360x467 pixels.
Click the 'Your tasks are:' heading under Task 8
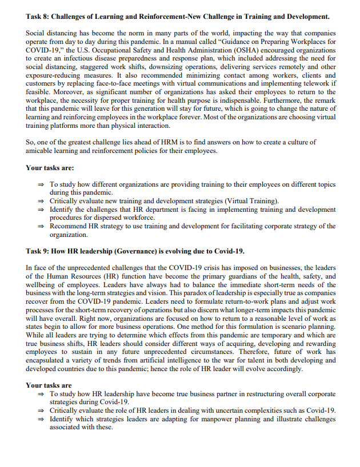(x=50, y=168)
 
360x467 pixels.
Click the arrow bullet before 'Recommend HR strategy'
(x=41, y=226)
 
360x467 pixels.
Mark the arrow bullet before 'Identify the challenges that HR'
(x=41, y=210)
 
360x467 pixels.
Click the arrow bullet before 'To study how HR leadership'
(x=41, y=394)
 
